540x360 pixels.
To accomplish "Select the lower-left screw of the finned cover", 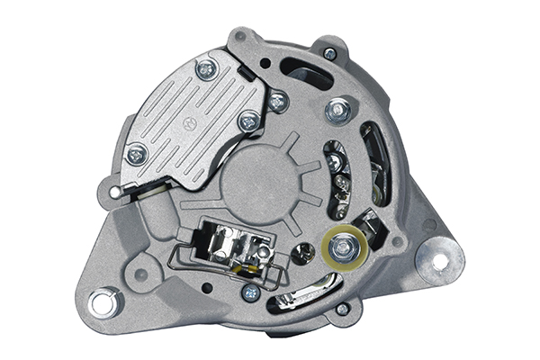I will (137, 156).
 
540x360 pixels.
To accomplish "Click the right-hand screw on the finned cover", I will (249, 120).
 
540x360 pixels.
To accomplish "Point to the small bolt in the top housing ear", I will (330, 53).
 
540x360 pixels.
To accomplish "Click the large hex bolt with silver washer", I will (340, 111).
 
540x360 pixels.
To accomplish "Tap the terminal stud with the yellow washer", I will (343, 247).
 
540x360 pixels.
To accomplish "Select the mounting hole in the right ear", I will (440, 261).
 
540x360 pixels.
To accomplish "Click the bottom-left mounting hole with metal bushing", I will (103, 302).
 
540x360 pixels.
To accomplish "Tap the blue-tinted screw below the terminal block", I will (251, 292).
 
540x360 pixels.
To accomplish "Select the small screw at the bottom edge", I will (342, 309).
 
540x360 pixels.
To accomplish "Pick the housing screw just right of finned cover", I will (278, 102).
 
